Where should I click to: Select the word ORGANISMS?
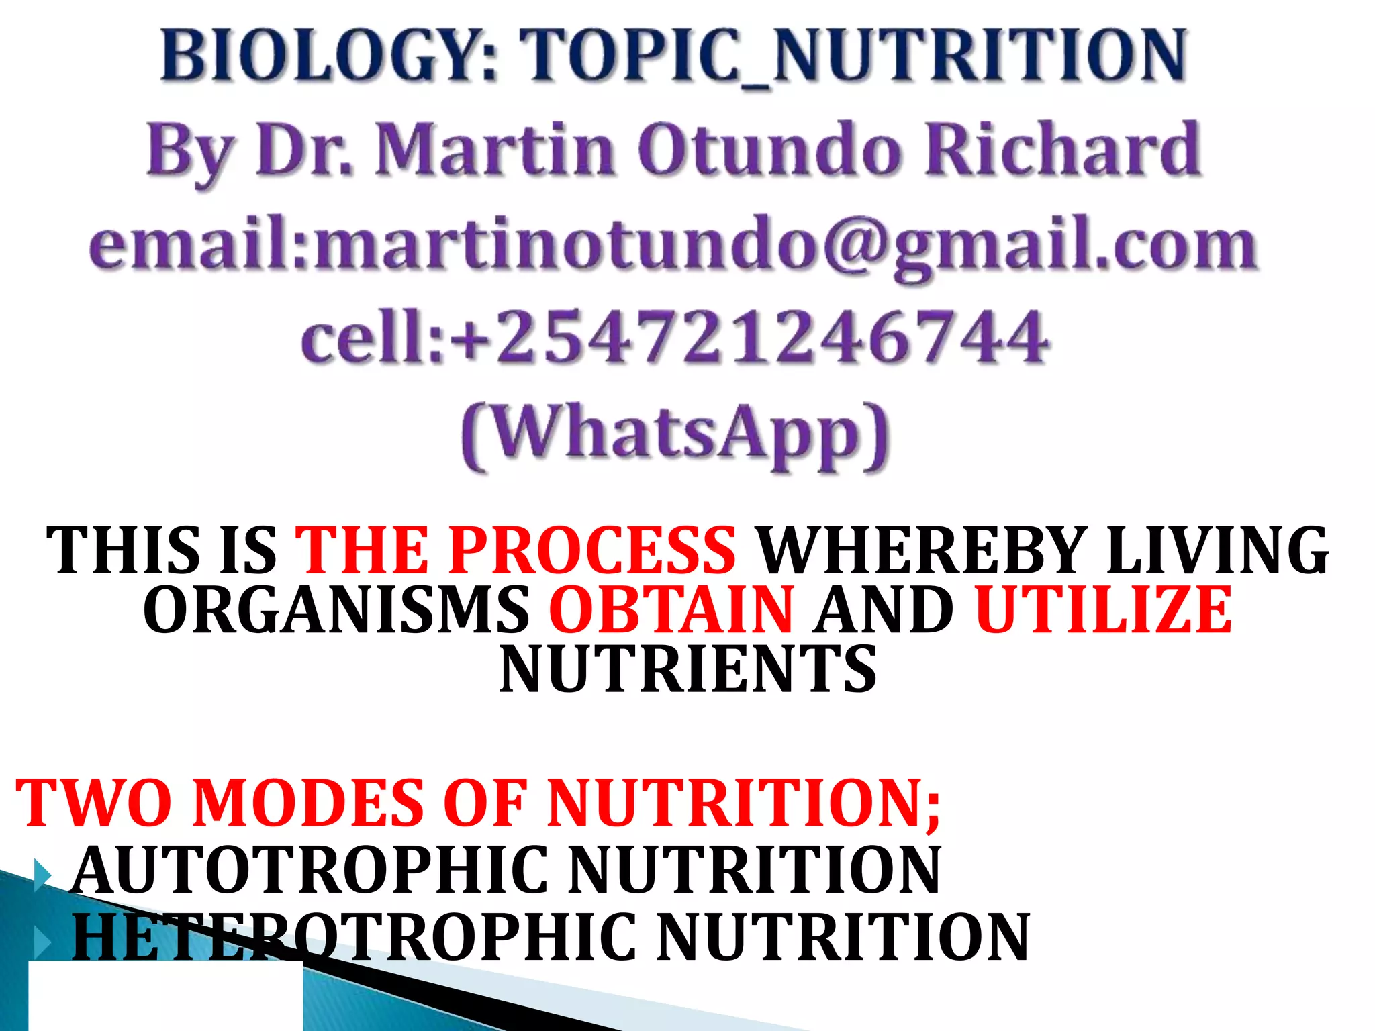pyautogui.click(x=336, y=609)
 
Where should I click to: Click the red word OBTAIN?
pyautogui.click(x=671, y=609)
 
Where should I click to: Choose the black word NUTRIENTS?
pyautogui.click(x=687, y=669)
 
